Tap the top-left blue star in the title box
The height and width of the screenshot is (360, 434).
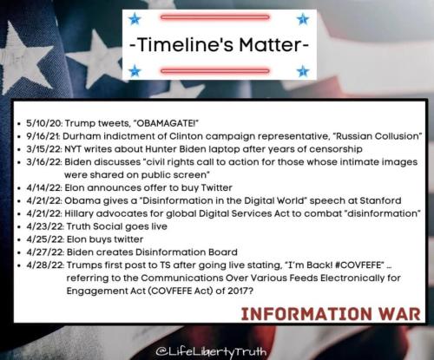[135, 19]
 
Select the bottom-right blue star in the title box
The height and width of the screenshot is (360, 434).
[303, 71]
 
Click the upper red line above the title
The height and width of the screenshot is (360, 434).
[214, 17]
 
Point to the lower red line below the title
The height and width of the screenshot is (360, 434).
[214, 71]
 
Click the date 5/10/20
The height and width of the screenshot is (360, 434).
[44, 123]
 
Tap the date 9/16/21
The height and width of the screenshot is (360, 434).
[43, 136]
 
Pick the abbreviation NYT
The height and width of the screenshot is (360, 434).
[73, 149]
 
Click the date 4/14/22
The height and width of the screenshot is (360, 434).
[44, 188]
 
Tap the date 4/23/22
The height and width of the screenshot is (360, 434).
[45, 226]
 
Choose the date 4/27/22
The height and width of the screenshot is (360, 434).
[45, 252]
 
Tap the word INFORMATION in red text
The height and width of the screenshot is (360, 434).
[306, 314]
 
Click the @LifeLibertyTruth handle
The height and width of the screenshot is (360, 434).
[211, 352]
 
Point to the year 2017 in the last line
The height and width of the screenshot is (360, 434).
[236, 291]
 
